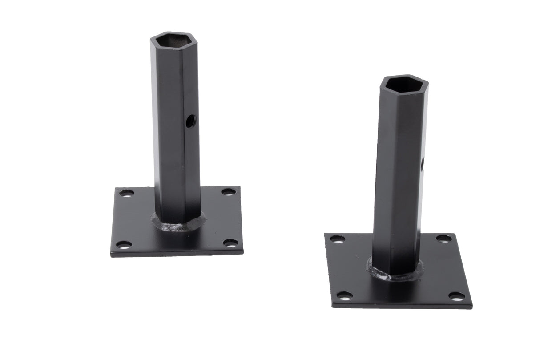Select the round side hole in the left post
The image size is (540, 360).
pyautogui.click(x=190, y=120)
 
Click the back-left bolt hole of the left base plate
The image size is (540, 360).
pyautogui.click(x=126, y=193)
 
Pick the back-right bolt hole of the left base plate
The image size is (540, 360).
pyautogui.click(x=228, y=192)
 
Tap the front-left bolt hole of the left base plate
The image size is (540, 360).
pyautogui.click(x=123, y=245)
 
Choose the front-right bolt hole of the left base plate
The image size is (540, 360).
pyautogui.click(x=230, y=243)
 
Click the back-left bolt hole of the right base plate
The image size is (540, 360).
pyautogui.click(x=337, y=239)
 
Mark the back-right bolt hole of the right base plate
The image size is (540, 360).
pyautogui.click(x=443, y=239)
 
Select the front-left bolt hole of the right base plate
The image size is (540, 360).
pyautogui.click(x=344, y=295)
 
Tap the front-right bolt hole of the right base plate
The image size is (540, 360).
pyautogui.click(x=456, y=296)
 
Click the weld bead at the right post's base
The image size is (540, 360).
pyautogui.click(x=394, y=275)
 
